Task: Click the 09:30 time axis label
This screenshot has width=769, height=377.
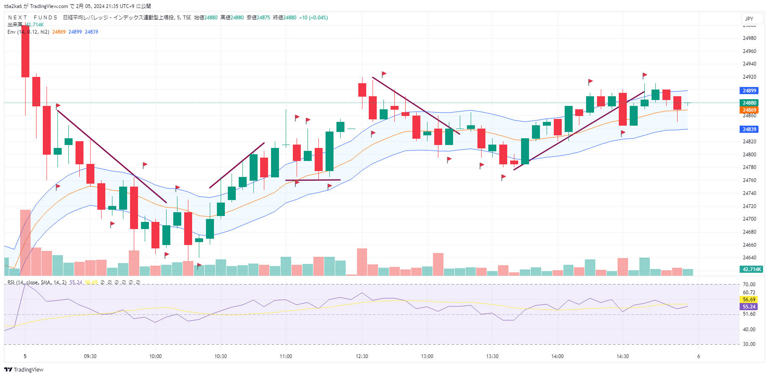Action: (x=90, y=356)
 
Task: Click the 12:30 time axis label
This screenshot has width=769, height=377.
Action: (x=362, y=356)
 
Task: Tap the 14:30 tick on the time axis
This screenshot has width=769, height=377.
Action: (x=623, y=356)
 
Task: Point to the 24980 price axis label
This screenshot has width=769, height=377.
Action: (x=749, y=38)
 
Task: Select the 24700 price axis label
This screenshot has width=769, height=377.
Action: (x=749, y=219)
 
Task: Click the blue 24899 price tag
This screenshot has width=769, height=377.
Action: (x=749, y=91)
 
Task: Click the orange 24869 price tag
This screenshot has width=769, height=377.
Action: (x=749, y=110)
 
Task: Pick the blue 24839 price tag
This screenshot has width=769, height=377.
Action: (x=749, y=129)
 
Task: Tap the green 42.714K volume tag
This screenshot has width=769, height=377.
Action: (x=751, y=269)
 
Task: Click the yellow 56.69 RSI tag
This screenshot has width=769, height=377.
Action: (x=749, y=300)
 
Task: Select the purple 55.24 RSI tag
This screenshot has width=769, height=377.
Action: (x=749, y=307)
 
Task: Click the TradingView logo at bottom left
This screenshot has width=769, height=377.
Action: (x=24, y=370)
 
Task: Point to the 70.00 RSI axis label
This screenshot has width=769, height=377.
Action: (x=749, y=285)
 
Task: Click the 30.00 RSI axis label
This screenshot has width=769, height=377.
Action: (x=749, y=344)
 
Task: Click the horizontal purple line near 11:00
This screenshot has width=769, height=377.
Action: (x=313, y=180)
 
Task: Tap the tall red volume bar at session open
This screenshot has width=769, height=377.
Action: (x=25, y=243)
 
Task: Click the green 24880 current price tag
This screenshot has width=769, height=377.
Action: (x=749, y=103)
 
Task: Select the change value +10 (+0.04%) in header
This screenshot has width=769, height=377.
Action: (x=313, y=18)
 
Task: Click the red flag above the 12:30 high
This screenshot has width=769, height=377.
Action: (x=384, y=74)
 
